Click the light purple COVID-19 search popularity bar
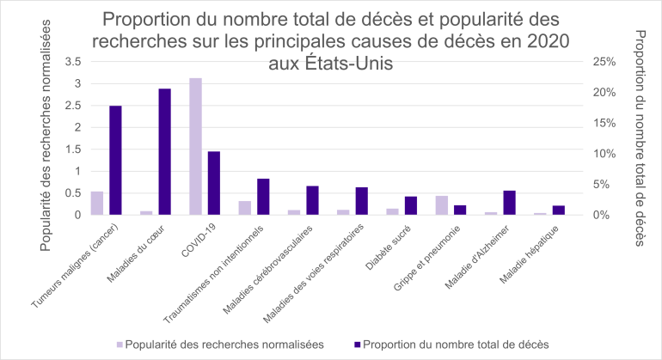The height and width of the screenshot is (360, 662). pyautogui.click(x=196, y=146)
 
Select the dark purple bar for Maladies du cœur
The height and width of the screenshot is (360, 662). pyautogui.click(x=164, y=151)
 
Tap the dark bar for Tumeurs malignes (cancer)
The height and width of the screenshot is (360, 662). pyautogui.click(x=115, y=160)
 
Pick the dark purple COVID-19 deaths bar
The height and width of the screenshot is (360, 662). pyautogui.click(x=214, y=183)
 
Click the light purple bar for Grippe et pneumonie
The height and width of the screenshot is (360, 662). pyautogui.click(x=442, y=205)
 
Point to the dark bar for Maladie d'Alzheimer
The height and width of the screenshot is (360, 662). pyautogui.click(x=510, y=203)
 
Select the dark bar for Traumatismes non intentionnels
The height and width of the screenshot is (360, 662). pyautogui.click(x=263, y=197)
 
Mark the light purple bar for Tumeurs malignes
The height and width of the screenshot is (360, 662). pyautogui.click(x=97, y=203)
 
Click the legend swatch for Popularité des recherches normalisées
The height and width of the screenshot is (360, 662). pyautogui.click(x=117, y=345)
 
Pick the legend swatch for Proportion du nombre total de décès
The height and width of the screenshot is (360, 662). pyautogui.click(x=357, y=345)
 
